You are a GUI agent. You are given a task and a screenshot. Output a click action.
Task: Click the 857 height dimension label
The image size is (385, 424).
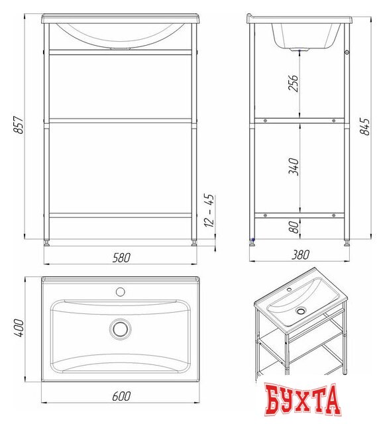pos(19,125)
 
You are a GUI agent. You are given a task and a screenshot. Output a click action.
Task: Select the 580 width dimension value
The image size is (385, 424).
pos(121,258)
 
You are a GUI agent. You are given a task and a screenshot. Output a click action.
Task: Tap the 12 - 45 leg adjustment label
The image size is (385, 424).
pos(209,210)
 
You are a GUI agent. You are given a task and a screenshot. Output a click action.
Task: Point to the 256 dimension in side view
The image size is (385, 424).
pos(294,83)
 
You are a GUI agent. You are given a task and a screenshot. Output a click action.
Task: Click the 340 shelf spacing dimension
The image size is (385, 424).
pos(294,167)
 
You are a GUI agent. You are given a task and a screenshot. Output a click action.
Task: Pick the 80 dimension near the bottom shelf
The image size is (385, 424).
pos(294,227)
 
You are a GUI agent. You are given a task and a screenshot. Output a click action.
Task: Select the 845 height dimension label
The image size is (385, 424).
pos(364,127)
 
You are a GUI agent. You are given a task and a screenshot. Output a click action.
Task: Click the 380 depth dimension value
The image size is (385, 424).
pos(300,254)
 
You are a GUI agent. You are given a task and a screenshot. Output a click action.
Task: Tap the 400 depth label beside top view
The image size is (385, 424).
pos(19,328)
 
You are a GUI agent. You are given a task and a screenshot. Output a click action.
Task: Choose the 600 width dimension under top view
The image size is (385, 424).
pos(121,396)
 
